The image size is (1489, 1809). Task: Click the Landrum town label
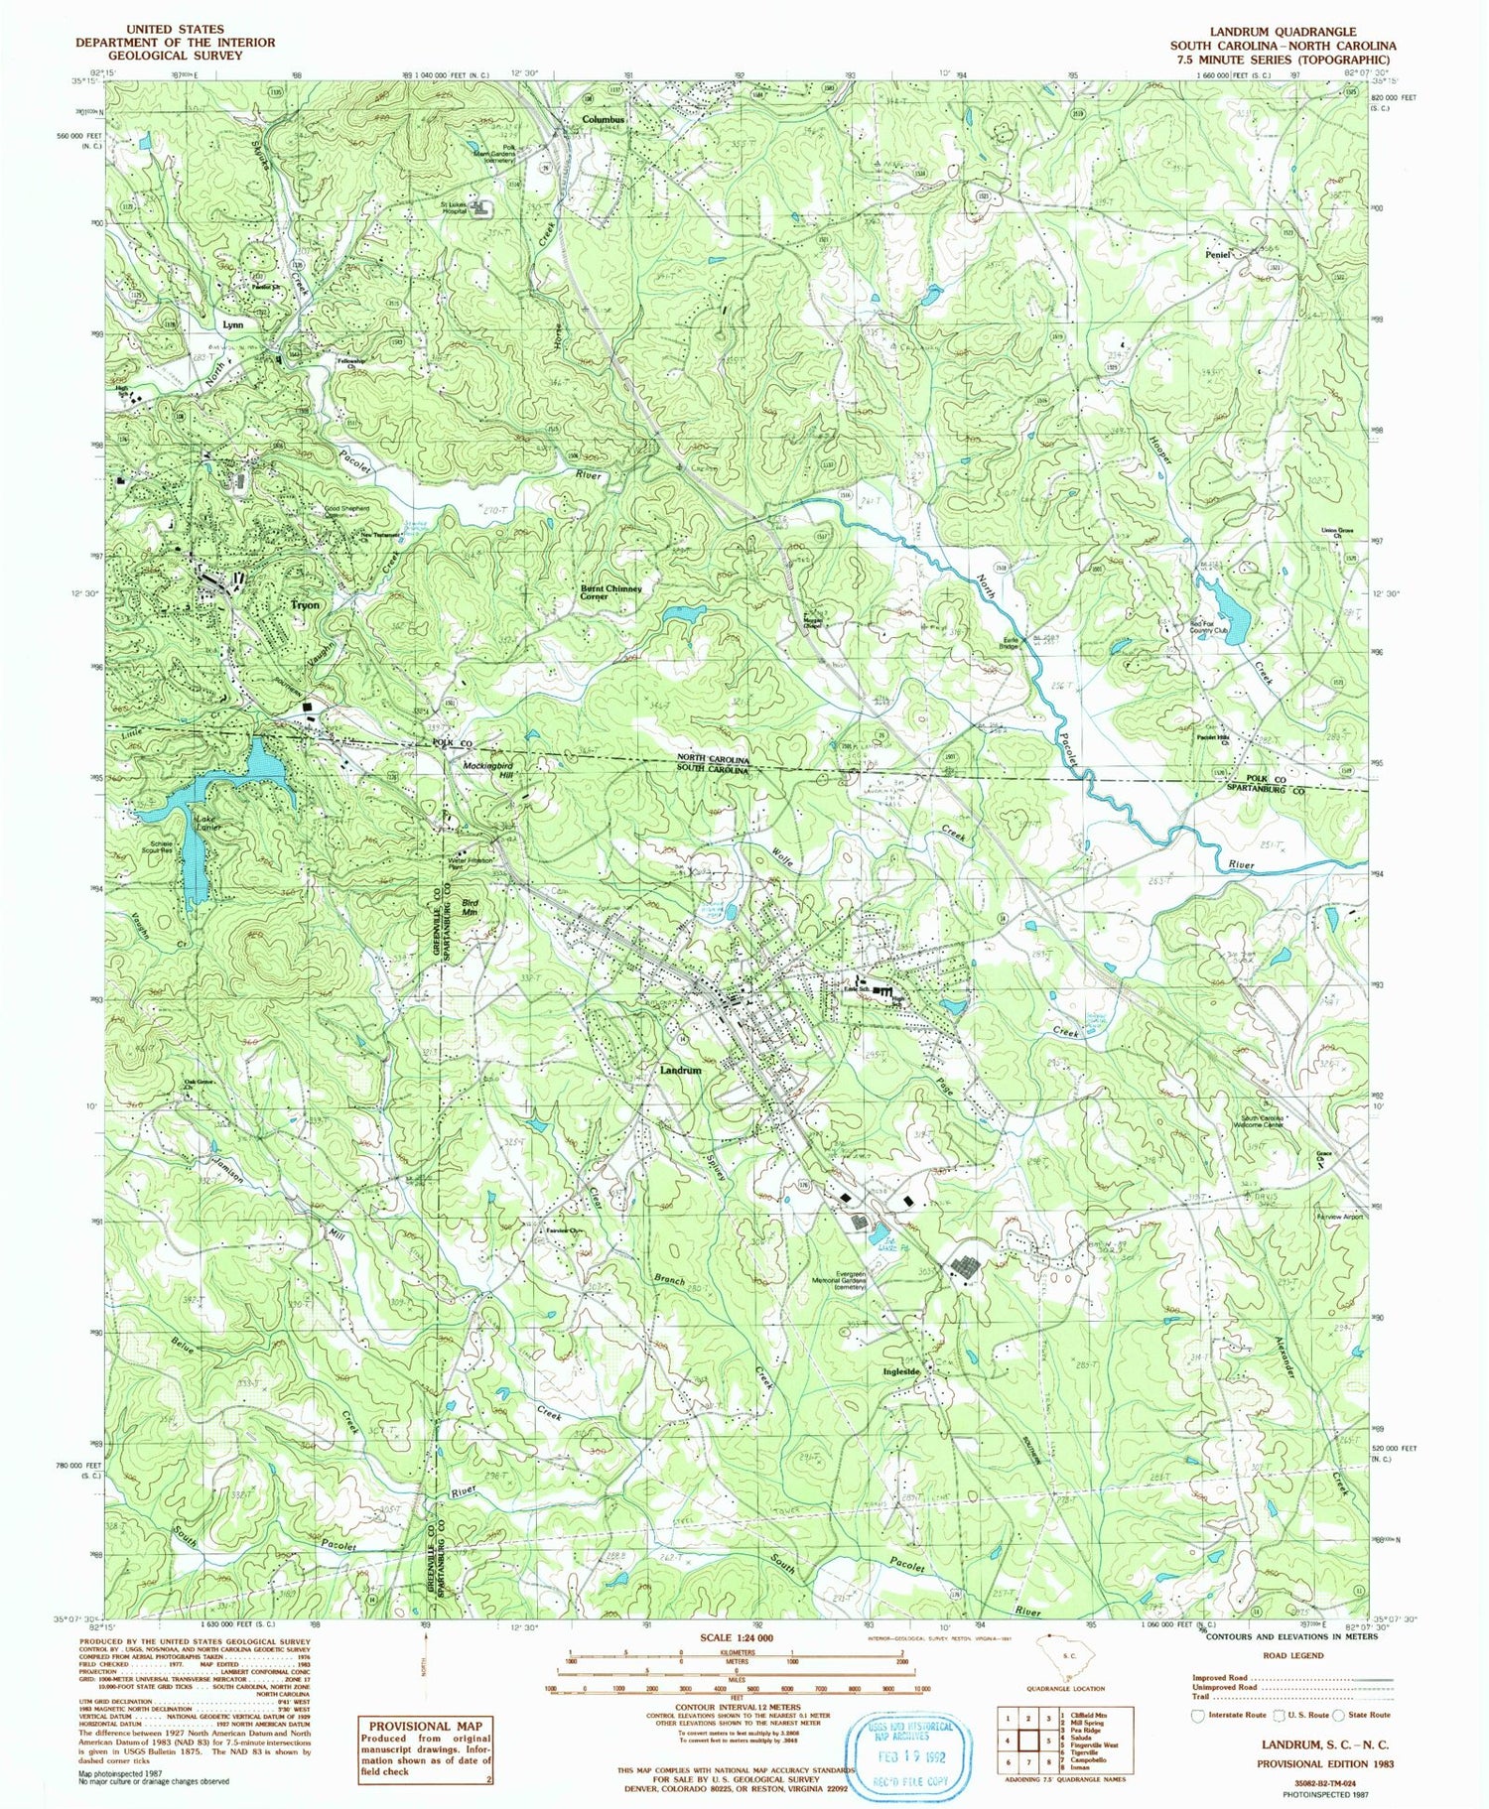(680, 1072)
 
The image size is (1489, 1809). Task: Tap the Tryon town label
(304, 604)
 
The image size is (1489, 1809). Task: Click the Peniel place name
(1217, 255)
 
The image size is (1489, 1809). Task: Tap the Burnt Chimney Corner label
(610, 592)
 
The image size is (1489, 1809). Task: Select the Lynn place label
(232, 324)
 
